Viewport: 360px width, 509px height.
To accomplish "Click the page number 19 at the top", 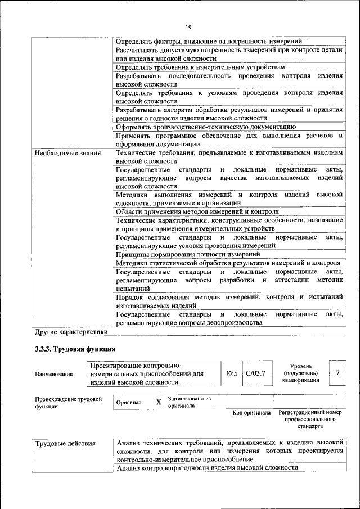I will coord(188,27).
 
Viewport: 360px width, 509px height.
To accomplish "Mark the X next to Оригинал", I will coord(159,402).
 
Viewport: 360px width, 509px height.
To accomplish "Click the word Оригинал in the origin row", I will coord(129,403).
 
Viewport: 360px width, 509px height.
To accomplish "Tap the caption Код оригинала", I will coord(252,413).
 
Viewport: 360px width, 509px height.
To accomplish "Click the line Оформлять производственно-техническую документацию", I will coord(205,127).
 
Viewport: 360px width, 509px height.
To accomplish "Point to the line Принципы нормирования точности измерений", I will coord(192,254).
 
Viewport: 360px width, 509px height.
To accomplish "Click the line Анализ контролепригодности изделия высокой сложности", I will coord(206,467).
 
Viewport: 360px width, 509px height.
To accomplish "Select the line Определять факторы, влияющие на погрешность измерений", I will coord(209,41).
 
